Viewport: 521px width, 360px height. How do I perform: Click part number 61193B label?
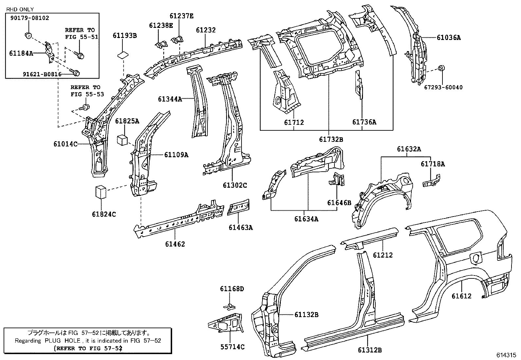(x=125, y=36)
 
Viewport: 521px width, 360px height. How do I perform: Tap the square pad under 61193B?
(x=123, y=54)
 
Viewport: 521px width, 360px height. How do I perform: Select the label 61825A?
(x=127, y=122)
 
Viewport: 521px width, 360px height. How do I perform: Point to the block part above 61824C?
(x=101, y=192)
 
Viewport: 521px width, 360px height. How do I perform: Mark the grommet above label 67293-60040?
(x=441, y=68)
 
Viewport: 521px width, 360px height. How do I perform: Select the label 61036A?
(x=449, y=38)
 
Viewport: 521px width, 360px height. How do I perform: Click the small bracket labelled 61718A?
(x=432, y=181)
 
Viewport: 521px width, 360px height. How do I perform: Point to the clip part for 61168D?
(x=230, y=306)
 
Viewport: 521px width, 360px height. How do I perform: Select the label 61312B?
(x=370, y=350)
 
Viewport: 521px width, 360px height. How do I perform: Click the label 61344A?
(x=170, y=99)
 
